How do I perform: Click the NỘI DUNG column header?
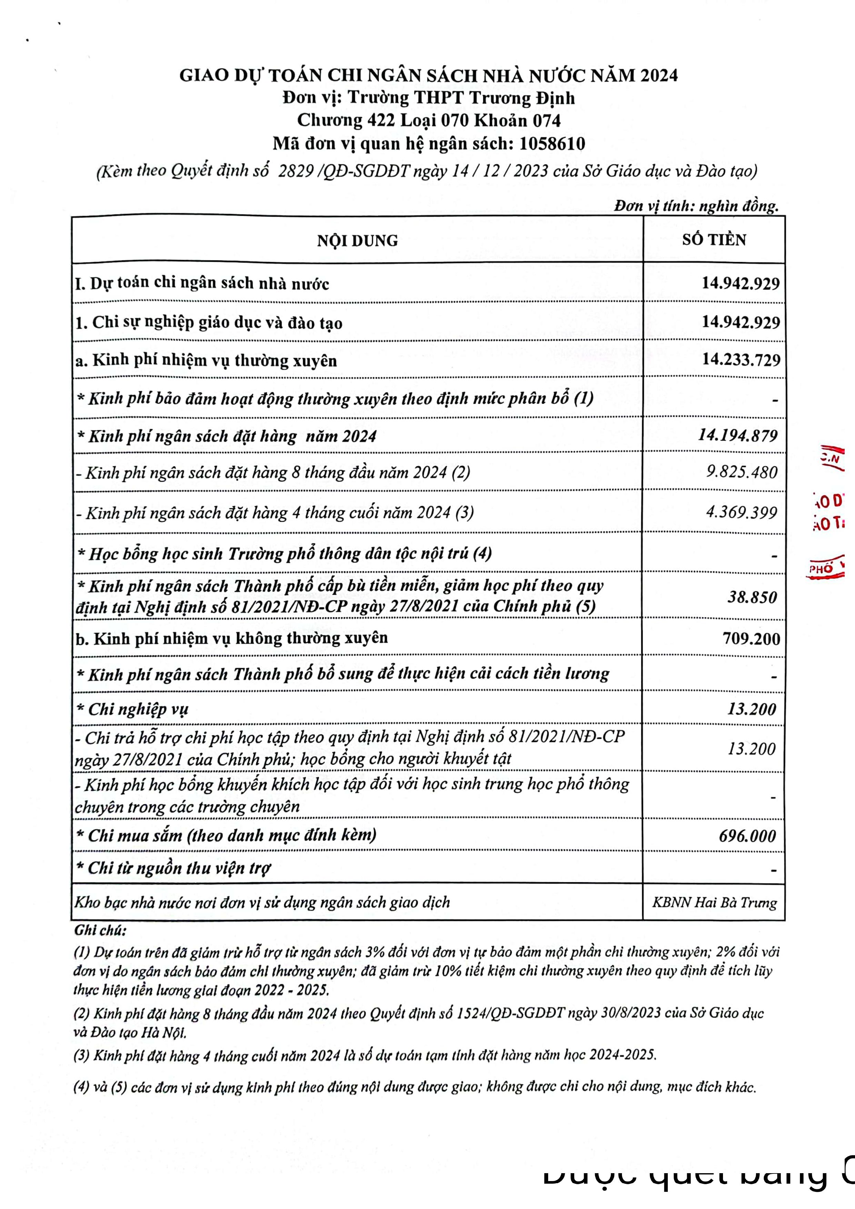point(357,240)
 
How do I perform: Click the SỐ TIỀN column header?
point(714,239)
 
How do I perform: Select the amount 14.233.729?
point(741,360)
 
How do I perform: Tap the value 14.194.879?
point(737,435)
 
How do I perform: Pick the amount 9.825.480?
point(741,472)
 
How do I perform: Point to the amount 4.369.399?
point(741,512)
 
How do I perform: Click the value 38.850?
point(752,597)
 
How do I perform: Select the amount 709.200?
point(751,638)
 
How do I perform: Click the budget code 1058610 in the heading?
point(552,143)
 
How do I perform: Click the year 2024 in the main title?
point(658,76)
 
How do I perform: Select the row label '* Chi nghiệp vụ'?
point(132,709)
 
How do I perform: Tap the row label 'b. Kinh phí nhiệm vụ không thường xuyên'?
point(231,638)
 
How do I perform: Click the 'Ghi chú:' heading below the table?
point(100,931)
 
